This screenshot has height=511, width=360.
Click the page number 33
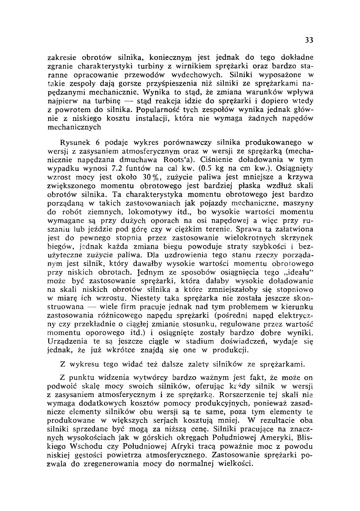[309, 40]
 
